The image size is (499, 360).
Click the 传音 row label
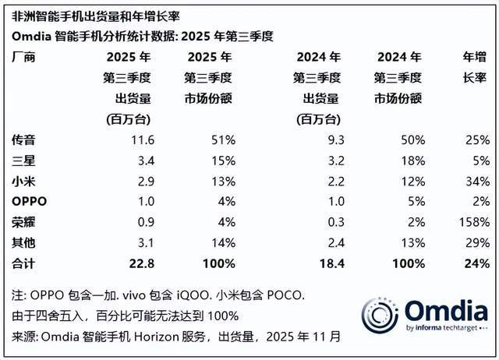point(23,139)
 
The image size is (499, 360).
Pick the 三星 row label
point(23,160)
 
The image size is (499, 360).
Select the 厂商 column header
point(23,58)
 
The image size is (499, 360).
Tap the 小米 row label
point(23,180)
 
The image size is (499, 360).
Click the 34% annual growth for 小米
point(475,180)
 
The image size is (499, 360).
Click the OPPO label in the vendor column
point(29,200)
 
